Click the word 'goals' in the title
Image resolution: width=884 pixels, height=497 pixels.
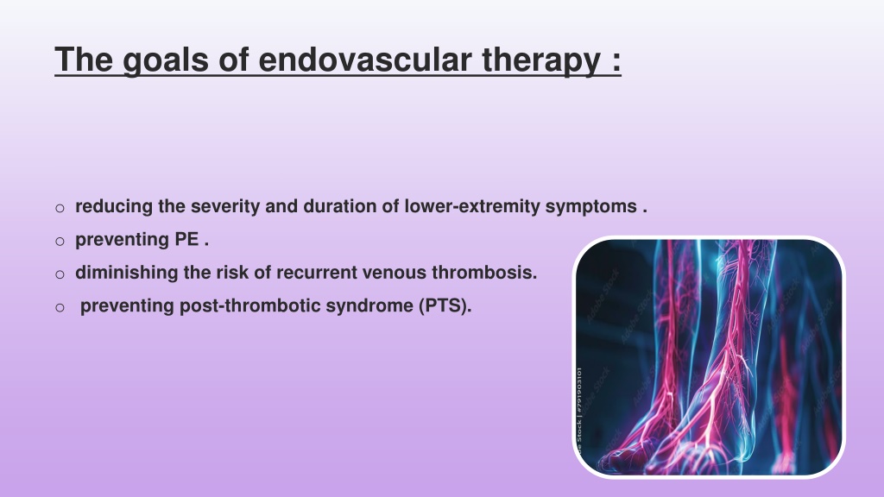click(165, 60)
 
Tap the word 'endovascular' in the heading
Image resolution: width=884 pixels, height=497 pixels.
click(365, 60)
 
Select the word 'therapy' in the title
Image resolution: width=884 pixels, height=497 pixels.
click(541, 60)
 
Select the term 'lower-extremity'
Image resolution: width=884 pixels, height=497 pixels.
click(472, 206)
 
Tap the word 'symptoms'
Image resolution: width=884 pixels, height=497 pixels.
click(590, 207)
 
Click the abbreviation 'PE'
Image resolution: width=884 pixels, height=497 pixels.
click(186, 240)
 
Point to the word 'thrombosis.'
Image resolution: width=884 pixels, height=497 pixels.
click(484, 273)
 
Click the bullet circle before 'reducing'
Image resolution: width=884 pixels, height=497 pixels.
click(60, 209)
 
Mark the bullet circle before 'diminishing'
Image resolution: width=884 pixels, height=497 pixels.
click(60, 275)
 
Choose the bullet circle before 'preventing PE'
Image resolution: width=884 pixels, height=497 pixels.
click(60, 242)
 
